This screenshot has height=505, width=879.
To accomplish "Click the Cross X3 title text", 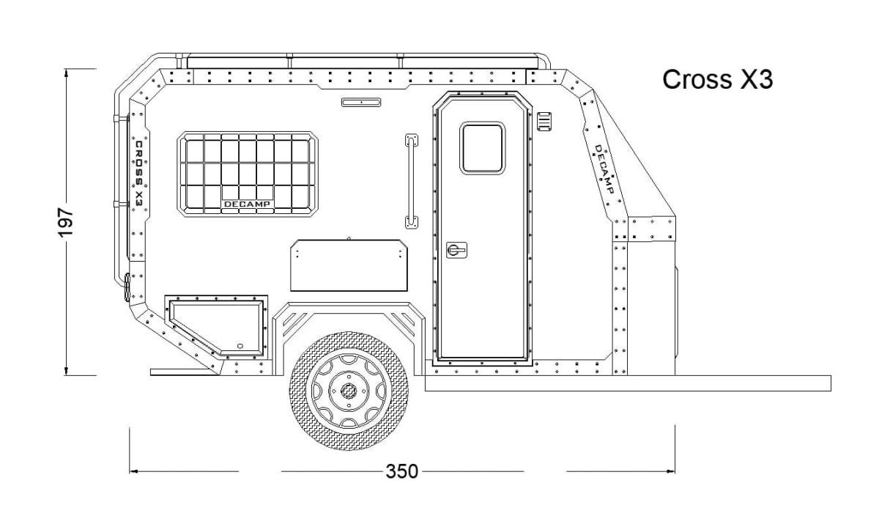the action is [717, 79].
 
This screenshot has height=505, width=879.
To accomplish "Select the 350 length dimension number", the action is [402, 471].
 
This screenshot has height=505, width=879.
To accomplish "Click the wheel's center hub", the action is [348, 391].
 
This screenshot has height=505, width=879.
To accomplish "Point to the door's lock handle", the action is [456, 250].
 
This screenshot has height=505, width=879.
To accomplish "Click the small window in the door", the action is [482, 148].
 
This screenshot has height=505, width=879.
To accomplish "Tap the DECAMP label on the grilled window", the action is [247, 204].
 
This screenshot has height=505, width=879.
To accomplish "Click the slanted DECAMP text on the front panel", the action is [604, 169].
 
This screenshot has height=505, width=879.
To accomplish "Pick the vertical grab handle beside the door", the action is [411, 181].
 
